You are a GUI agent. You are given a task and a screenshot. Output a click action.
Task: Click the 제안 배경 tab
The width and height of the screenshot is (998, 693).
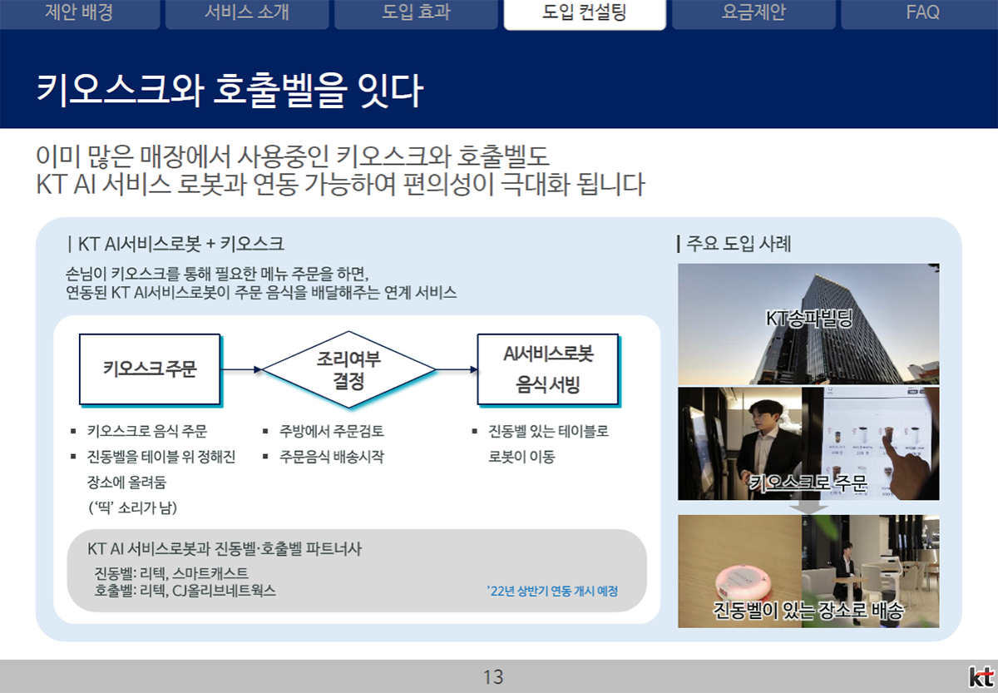[79, 12]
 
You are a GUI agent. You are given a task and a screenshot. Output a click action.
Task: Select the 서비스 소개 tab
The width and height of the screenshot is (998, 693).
[247, 12]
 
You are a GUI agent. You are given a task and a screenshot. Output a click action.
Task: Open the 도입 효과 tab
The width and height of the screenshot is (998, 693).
[416, 12]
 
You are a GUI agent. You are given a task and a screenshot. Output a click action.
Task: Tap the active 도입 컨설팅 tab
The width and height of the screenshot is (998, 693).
[585, 13]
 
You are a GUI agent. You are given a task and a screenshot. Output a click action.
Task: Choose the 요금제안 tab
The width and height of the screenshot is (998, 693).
[753, 12]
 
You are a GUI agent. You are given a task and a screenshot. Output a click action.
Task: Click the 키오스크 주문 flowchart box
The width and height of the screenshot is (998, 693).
[151, 369]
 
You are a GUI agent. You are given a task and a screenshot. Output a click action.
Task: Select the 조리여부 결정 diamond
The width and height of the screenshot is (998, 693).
[348, 369]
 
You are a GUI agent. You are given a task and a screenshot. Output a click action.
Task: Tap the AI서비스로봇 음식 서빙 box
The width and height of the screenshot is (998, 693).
[548, 369]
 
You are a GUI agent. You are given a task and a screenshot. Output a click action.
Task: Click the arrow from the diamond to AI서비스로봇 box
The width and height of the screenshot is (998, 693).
[457, 369]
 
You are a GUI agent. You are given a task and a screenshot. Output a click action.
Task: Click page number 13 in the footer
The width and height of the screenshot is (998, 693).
[493, 677]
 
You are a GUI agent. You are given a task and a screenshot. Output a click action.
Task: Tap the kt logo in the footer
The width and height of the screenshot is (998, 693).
[981, 677]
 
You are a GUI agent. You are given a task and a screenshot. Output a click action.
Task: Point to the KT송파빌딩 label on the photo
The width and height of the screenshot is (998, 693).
[808, 318]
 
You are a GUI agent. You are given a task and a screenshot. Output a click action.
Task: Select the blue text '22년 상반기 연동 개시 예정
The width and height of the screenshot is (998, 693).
[552, 591]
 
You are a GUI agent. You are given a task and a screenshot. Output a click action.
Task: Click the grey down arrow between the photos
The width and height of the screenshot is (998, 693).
[808, 507]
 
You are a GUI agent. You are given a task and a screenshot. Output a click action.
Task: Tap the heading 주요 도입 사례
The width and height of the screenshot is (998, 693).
[739, 244]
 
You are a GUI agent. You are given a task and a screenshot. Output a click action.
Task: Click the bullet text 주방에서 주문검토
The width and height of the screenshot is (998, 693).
[332, 431]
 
